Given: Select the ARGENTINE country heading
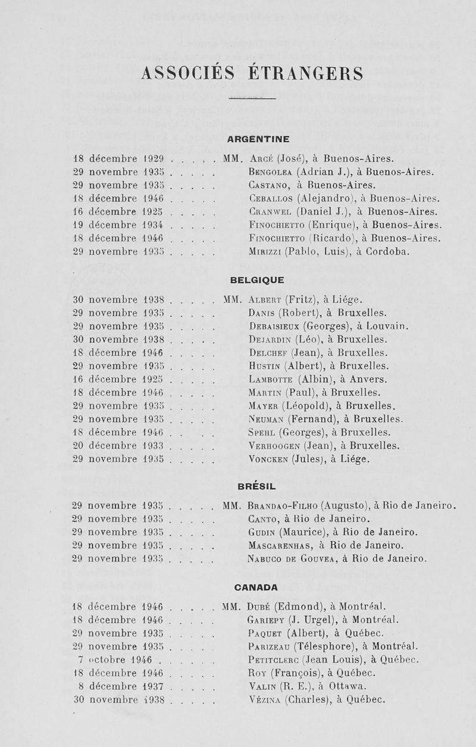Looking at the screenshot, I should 259,139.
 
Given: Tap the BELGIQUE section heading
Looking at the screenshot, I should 258,280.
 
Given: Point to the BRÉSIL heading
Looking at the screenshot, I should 257,487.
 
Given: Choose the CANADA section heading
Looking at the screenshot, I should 256,588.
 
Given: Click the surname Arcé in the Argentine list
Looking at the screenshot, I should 263,159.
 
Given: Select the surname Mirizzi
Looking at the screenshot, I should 265,251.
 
